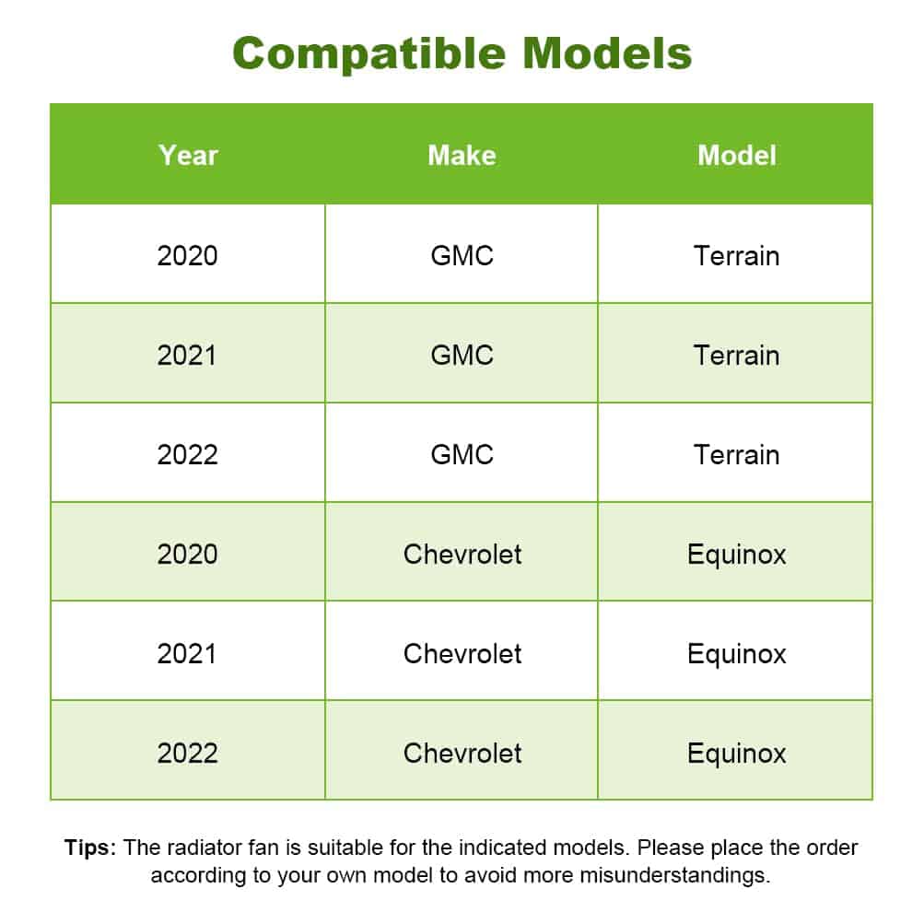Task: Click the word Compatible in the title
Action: pos(368,53)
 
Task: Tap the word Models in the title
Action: pos(607,53)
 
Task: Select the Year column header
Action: pos(188,156)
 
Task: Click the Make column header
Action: pos(462,156)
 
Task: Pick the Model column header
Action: pos(737,156)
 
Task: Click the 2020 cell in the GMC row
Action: pos(187,256)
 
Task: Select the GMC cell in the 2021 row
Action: pos(462,356)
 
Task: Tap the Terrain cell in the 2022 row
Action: pos(737,455)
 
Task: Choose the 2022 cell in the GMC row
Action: pos(187,455)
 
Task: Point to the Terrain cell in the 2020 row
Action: pos(737,256)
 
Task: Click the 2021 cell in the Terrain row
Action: pos(187,356)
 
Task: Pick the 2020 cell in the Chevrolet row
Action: pos(187,555)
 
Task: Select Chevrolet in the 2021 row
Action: pos(462,654)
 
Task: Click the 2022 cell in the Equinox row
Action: pos(187,754)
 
